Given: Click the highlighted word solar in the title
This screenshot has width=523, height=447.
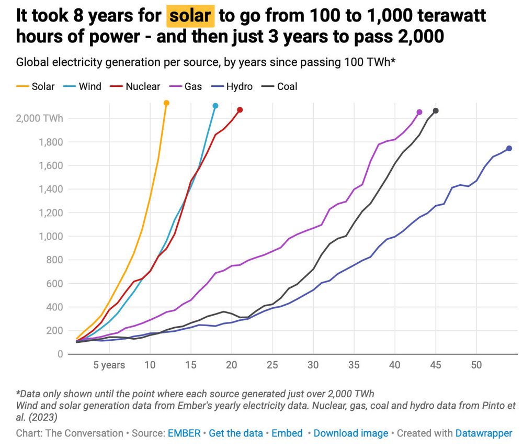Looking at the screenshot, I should click(x=190, y=16).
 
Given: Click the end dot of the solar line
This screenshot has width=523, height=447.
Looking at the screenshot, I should click(x=166, y=103).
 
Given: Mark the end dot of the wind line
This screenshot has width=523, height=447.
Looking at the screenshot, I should click(x=215, y=106).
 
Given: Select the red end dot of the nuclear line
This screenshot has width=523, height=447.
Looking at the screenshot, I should click(x=240, y=110).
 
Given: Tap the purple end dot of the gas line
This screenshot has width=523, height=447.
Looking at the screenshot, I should click(x=419, y=112).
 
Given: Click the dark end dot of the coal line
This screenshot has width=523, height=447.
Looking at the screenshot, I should click(x=436, y=111).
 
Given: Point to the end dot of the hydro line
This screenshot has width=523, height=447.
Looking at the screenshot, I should click(x=509, y=149).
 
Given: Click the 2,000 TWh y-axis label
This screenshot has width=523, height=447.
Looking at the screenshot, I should click(x=40, y=118).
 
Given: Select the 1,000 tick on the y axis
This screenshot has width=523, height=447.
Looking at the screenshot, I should click(x=51, y=237).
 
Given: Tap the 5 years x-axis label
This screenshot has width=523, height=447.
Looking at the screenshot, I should click(x=109, y=365).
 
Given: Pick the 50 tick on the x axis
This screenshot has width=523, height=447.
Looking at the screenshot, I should click(x=476, y=365).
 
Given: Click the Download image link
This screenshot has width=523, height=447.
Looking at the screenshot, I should click(x=351, y=433).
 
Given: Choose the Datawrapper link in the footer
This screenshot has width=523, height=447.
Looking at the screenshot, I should click(x=484, y=433).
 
